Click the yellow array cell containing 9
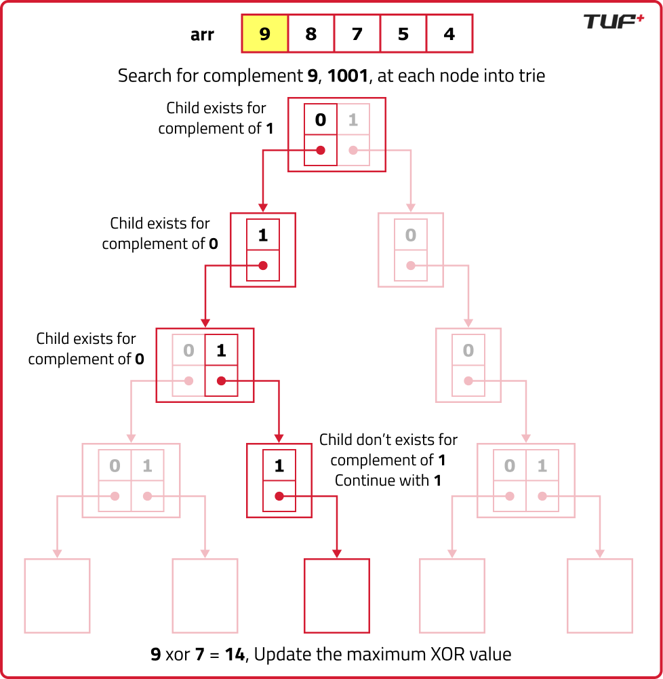coord(265,34)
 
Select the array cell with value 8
coord(311,34)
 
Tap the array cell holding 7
coord(357,34)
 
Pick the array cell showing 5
coord(403,34)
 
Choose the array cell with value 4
coord(449,34)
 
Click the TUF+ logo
coord(614,21)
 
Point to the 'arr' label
coord(202,35)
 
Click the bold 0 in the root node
coord(321,120)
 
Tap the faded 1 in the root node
coord(353,120)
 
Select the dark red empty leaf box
coord(337,596)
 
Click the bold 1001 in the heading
coord(348,75)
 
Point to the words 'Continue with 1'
coord(388,480)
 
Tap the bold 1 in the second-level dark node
coord(263,235)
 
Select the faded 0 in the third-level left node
coord(188,351)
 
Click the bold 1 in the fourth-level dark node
coord(279,466)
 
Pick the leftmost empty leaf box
coord(58,596)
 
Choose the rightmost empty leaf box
coord(600,596)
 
